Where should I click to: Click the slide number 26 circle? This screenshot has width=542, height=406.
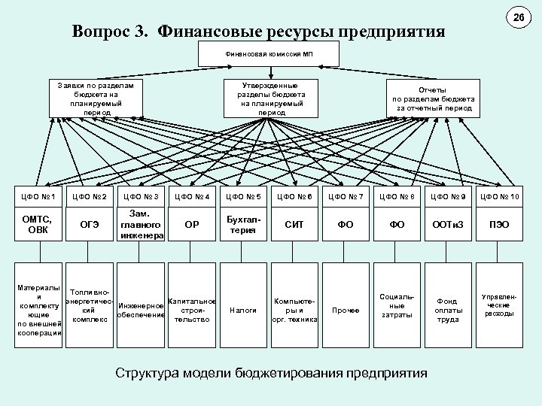click(x=518, y=17)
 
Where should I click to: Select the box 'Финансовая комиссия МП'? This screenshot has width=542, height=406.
click(x=268, y=54)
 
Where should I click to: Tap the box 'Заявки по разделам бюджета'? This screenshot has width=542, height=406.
click(x=96, y=98)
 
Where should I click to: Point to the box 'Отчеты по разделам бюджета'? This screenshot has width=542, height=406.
click(x=433, y=98)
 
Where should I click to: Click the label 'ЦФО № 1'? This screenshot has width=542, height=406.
click(x=38, y=197)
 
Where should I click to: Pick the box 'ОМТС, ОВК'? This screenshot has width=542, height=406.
click(x=38, y=224)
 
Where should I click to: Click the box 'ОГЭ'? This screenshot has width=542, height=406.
click(x=90, y=224)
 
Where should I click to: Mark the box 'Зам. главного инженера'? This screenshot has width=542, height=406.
click(x=141, y=224)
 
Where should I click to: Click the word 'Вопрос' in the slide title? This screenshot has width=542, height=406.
click(x=100, y=32)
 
